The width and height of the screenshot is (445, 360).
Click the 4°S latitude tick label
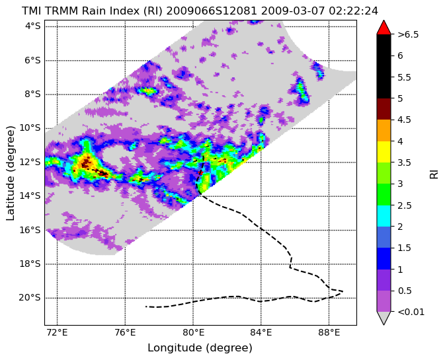pos(33,26)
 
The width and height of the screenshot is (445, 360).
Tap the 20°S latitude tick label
pos(30,298)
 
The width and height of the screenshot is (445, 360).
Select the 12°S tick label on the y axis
pos(30,162)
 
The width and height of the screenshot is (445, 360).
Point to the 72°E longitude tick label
pos(57,332)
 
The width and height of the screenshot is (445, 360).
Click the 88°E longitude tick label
pos(329,332)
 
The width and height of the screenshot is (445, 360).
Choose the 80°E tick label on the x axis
pos(193,332)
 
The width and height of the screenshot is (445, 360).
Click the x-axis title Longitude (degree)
pos(200,348)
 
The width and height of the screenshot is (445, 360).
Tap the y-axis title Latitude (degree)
pos(10,173)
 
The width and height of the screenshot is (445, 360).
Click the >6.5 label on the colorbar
pos(408,34)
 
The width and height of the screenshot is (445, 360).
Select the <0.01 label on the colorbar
pos(411,312)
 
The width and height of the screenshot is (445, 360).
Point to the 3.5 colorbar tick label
pos(405,162)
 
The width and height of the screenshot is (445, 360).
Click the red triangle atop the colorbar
pos(384,28)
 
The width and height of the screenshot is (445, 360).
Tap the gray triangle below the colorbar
pos(384,318)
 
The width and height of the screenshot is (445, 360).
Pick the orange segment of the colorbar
pos(384,130)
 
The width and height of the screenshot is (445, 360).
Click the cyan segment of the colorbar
pos(384,216)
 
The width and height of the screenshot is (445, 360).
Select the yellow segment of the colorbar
pos(384,152)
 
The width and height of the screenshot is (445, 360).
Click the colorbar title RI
pos(434,173)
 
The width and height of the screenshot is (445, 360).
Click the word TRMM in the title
pos(61,11)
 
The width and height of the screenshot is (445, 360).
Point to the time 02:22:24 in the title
pos(353,11)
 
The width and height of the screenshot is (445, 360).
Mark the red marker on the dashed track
pos(200,172)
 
